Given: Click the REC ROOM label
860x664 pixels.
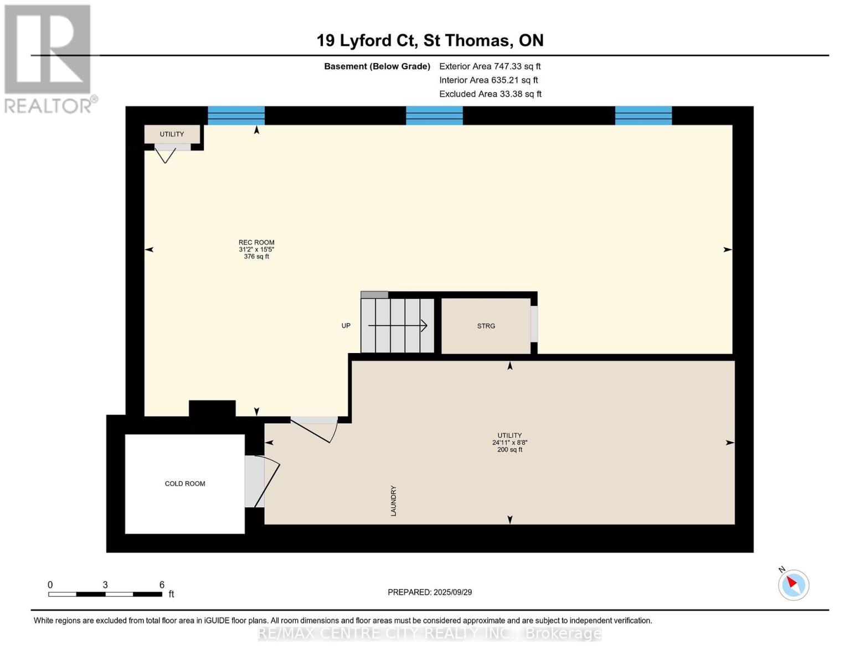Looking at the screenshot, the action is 256,242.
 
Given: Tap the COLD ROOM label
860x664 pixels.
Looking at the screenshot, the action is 185,484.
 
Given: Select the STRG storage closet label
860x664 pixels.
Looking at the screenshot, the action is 486,326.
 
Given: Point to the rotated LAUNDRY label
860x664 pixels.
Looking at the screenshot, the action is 393,501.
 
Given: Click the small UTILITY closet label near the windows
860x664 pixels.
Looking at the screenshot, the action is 172,134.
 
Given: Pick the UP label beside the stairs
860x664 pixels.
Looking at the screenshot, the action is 346,325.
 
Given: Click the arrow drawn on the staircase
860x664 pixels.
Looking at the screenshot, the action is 398,325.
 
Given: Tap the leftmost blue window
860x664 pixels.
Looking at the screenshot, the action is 236,116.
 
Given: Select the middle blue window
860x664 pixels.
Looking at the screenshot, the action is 435,116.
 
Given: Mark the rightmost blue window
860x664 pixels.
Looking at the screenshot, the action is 643,116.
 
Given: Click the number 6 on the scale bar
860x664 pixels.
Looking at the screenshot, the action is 162,584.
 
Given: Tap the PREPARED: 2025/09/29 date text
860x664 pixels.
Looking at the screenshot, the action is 430,592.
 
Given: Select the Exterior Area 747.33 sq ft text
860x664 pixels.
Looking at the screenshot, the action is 490,66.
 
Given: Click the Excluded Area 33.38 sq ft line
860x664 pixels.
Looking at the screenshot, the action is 490,94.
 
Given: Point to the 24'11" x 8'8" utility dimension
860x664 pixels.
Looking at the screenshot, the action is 510,443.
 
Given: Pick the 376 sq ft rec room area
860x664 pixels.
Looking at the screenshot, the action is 256,256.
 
